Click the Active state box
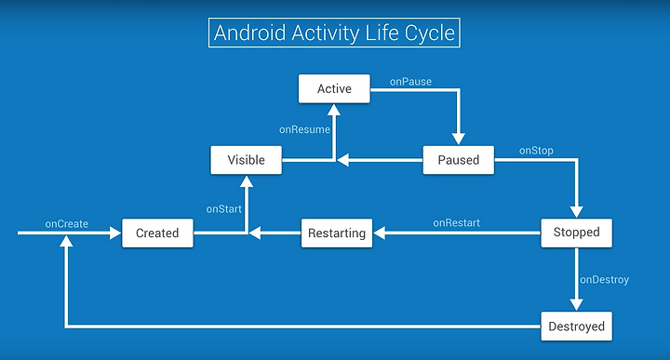tap(334, 88)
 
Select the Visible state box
tap(246, 160)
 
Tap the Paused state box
tap(459, 160)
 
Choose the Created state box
tap(157, 233)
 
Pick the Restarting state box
tap(337, 233)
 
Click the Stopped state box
tap(576, 233)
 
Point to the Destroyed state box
tap(576, 327)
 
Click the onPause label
tap(410, 82)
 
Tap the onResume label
tap(304, 129)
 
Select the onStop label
tap(536, 151)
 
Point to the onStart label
tap(224, 208)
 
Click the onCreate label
tap(67, 224)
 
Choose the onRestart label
tap(456, 223)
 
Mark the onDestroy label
tap(604, 280)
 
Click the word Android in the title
tap(250, 33)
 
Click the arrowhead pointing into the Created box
tap(115, 233)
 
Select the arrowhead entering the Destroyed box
tap(576, 305)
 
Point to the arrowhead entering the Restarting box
tap(379, 233)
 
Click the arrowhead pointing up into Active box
tap(334, 110)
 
